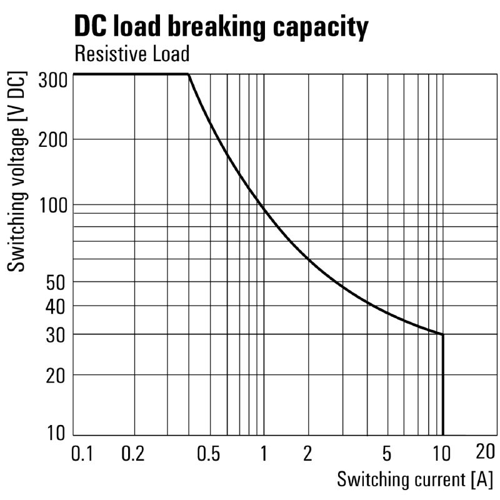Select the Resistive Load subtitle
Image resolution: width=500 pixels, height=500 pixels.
131,54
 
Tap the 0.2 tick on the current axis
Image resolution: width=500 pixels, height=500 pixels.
133,452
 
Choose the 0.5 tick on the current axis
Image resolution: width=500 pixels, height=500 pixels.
208,452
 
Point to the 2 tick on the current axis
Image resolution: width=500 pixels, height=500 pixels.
307,452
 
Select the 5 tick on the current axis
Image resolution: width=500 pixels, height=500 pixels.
387,452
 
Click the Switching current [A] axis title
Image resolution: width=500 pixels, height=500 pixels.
414,480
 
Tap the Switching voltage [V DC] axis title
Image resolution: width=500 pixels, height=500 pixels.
18,172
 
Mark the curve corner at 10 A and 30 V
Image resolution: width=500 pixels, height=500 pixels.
443,334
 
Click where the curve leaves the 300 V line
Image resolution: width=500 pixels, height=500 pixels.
189,74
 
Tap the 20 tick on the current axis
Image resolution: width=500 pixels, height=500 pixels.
485,451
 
